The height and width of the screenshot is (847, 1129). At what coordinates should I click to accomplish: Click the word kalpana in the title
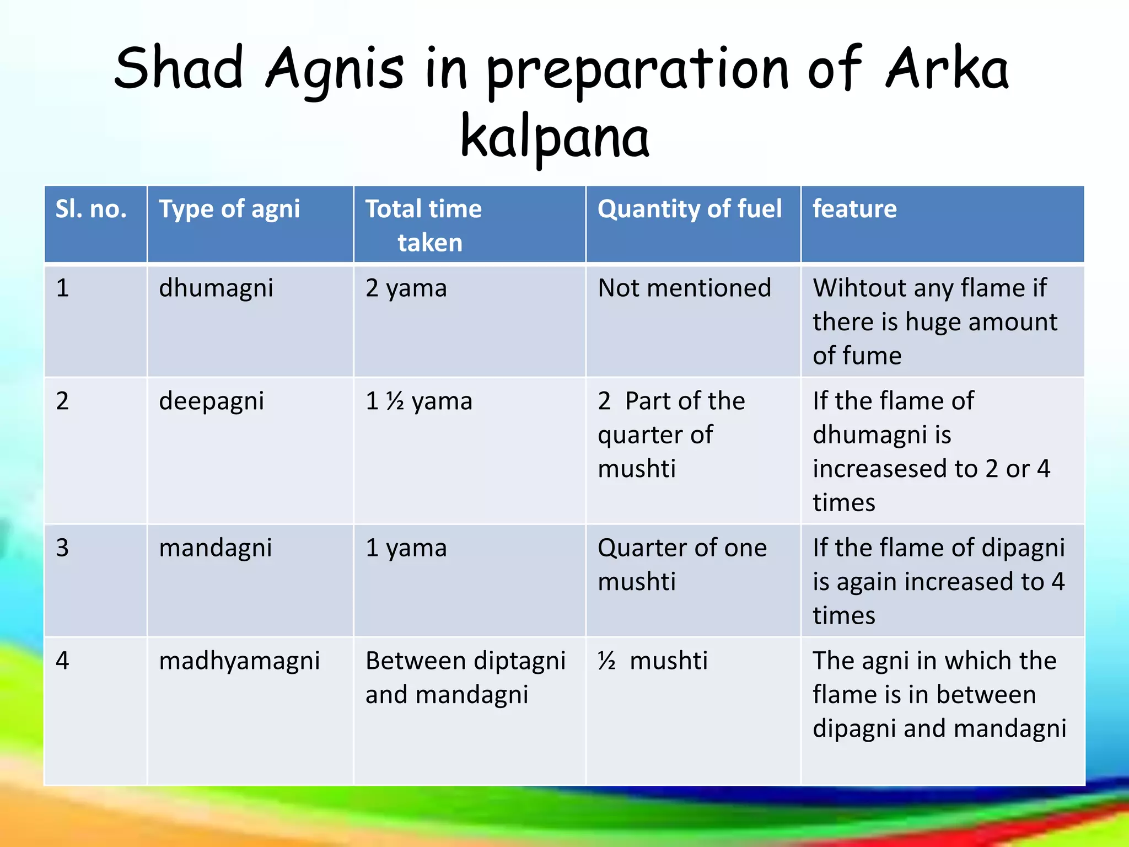[x=555, y=137]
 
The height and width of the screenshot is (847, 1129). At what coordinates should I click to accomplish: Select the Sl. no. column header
[x=92, y=210]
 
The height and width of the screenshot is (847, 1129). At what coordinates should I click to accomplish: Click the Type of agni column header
[x=229, y=210]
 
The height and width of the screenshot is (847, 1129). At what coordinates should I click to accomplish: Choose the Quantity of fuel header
[x=689, y=210]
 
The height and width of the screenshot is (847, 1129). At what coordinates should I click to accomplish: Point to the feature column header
[x=854, y=210]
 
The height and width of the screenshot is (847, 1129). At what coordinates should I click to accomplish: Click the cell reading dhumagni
[x=216, y=288]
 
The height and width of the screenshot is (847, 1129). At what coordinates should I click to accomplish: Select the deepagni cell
[x=212, y=401]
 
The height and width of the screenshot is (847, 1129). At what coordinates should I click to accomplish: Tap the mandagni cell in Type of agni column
[x=216, y=548]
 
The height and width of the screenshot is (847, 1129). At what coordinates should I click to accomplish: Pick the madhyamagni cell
[x=239, y=661]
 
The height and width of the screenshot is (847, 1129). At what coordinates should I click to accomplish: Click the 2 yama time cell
[x=406, y=288]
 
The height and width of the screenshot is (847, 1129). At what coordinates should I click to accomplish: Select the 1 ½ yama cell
[x=419, y=401]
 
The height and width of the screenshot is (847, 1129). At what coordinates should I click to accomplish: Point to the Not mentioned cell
[x=684, y=288]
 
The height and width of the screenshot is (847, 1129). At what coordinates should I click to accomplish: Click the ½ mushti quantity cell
[x=653, y=661]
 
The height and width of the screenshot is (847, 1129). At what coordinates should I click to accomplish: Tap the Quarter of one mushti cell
[x=682, y=565]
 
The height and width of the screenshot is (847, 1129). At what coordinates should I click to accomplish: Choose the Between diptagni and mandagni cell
[x=465, y=677]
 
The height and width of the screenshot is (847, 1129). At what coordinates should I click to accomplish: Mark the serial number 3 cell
[x=62, y=548]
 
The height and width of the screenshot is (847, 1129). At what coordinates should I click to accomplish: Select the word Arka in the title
[x=947, y=69]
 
